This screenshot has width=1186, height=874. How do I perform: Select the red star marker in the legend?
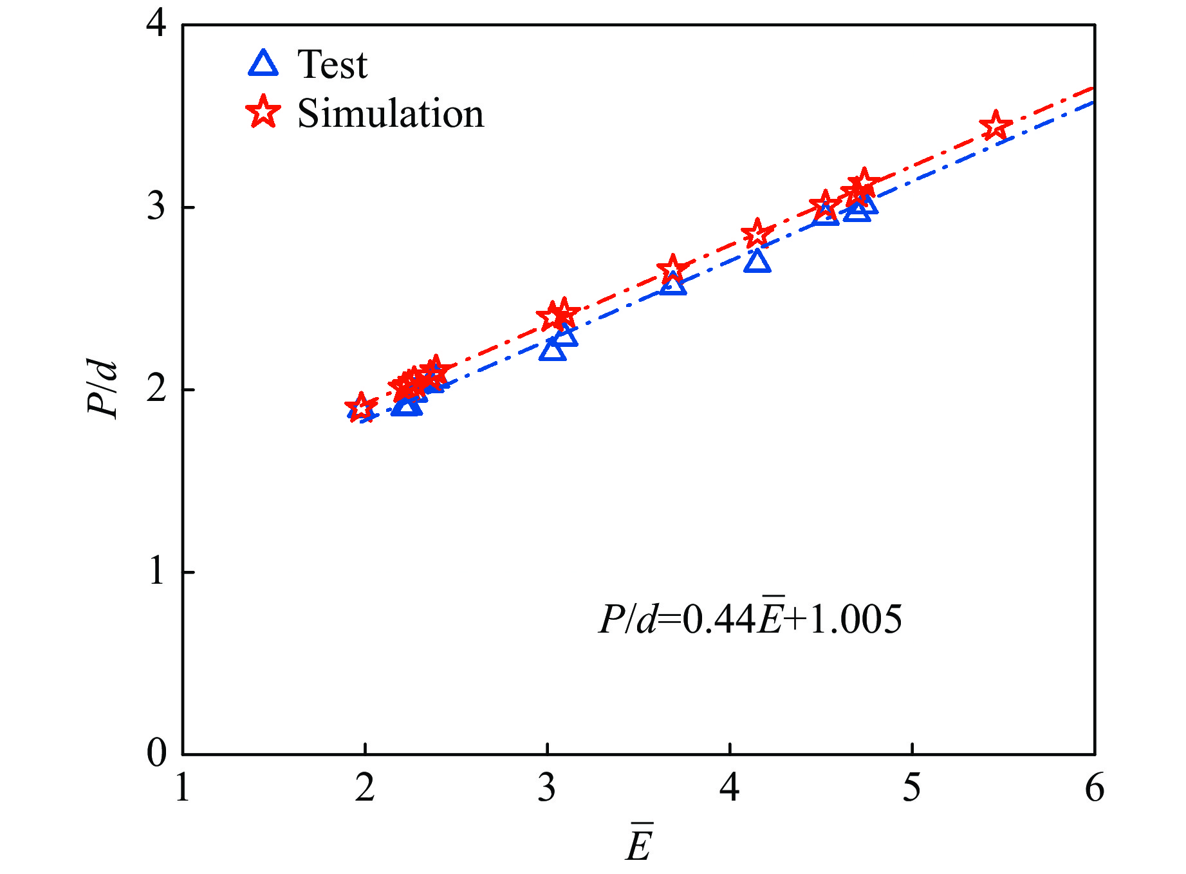pyautogui.click(x=263, y=113)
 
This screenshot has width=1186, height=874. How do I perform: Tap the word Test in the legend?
pyautogui.click(x=332, y=64)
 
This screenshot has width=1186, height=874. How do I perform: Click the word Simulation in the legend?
pyautogui.click(x=390, y=114)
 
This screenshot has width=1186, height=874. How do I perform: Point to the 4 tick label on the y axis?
pyautogui.click(x=156, y=24)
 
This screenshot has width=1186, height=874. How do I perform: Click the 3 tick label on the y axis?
pyautogui.click(x=156, y=207)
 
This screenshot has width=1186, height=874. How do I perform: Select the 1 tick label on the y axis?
pyautogui.click(x=156, y=571)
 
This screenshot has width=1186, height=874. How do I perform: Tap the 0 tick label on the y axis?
pyautogui.click(x=156, y=752)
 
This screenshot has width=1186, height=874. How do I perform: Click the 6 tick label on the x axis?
pyautogui.click(x=1094, y=788)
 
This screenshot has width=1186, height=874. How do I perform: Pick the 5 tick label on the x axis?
pyautogui.click(x=912, y=788)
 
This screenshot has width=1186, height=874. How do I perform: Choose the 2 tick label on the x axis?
pyautogui.click(x=365, y=788)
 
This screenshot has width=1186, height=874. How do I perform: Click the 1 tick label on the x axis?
pyautogui.click(x=183, y=788)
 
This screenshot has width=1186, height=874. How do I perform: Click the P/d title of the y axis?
pyautogui.click(x=103, y=389)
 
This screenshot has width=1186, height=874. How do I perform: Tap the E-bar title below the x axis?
pyautogui.click(x=639, y=843)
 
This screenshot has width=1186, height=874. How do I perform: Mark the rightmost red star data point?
pyautogui.click(x=996, y=126)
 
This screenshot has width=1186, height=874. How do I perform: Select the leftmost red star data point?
pyautogui.click(x=360, y=407)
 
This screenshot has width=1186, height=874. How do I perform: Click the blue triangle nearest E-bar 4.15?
pyautogui.click(x=757, y=261)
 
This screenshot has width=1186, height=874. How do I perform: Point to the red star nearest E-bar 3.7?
pyautogui.click(x=672, y=270)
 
